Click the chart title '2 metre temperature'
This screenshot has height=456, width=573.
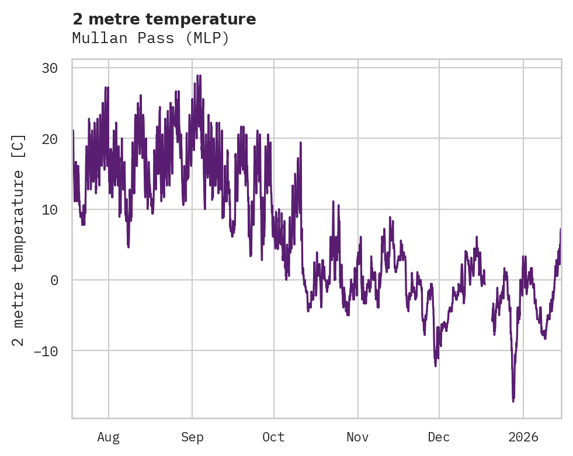click(164, 19)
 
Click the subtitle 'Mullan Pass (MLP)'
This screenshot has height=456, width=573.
click(151, 38)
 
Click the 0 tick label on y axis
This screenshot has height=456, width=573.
click(54, 280)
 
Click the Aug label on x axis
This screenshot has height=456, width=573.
click(108, 437)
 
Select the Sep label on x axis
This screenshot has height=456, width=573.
click(192, 437)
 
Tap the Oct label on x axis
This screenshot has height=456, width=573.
click(273, 437)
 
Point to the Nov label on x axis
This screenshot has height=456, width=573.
click(357, 437)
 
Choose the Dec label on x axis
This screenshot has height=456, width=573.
click(439, 437)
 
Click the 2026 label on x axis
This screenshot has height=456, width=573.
click(523, 437)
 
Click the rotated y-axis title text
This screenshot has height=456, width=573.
click(19, 240)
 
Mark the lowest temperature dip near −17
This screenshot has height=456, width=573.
click(513, 401)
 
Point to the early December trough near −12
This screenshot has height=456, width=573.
click(435, 365)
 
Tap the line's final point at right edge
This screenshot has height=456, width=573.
click(560, 229)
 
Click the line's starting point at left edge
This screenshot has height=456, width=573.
click(73, 131)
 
